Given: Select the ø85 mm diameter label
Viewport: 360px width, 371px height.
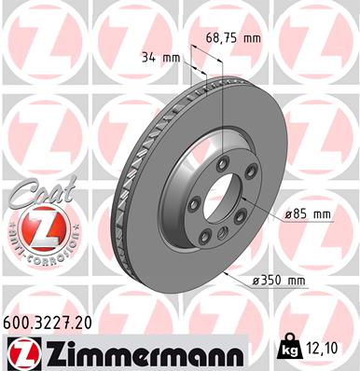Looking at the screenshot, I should tap(309, 213).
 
